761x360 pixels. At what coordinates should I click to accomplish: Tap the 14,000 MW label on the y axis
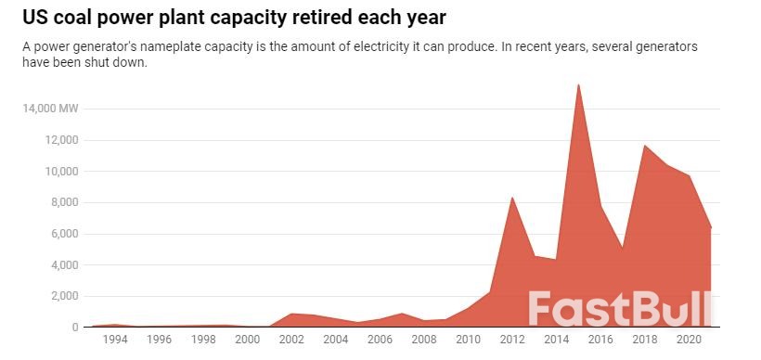[x=51, y=109]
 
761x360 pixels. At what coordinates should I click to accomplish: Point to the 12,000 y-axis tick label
[x=60, y=140]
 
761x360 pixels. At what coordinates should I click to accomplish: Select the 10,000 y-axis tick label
[x=60, y=172]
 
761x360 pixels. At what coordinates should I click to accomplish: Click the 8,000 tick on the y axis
[x=63, y=202]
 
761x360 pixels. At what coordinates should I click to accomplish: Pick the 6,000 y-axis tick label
[x=63, y=234]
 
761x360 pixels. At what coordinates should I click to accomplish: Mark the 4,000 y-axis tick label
[x=63, y=265]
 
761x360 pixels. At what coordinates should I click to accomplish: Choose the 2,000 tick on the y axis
[x=63, y=296]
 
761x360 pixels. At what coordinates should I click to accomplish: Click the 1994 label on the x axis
[x=115, y=341]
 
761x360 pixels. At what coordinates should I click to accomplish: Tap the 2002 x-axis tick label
[x=291, y=341]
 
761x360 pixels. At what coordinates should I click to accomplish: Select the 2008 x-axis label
[x=423, y=341]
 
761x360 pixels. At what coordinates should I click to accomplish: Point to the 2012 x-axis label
[x=511, y=341]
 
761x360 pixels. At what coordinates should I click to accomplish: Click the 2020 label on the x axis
[x=688, y=341]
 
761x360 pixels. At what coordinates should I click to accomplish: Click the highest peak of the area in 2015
[x=578, y=84]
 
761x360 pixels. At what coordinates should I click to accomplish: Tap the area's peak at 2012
[x=512, y=197]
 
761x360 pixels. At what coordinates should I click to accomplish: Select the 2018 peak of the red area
[x=644, y=145]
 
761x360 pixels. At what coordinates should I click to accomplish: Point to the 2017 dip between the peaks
[x=622, y=248]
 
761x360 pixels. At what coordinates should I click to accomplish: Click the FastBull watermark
[x=620, y=309]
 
